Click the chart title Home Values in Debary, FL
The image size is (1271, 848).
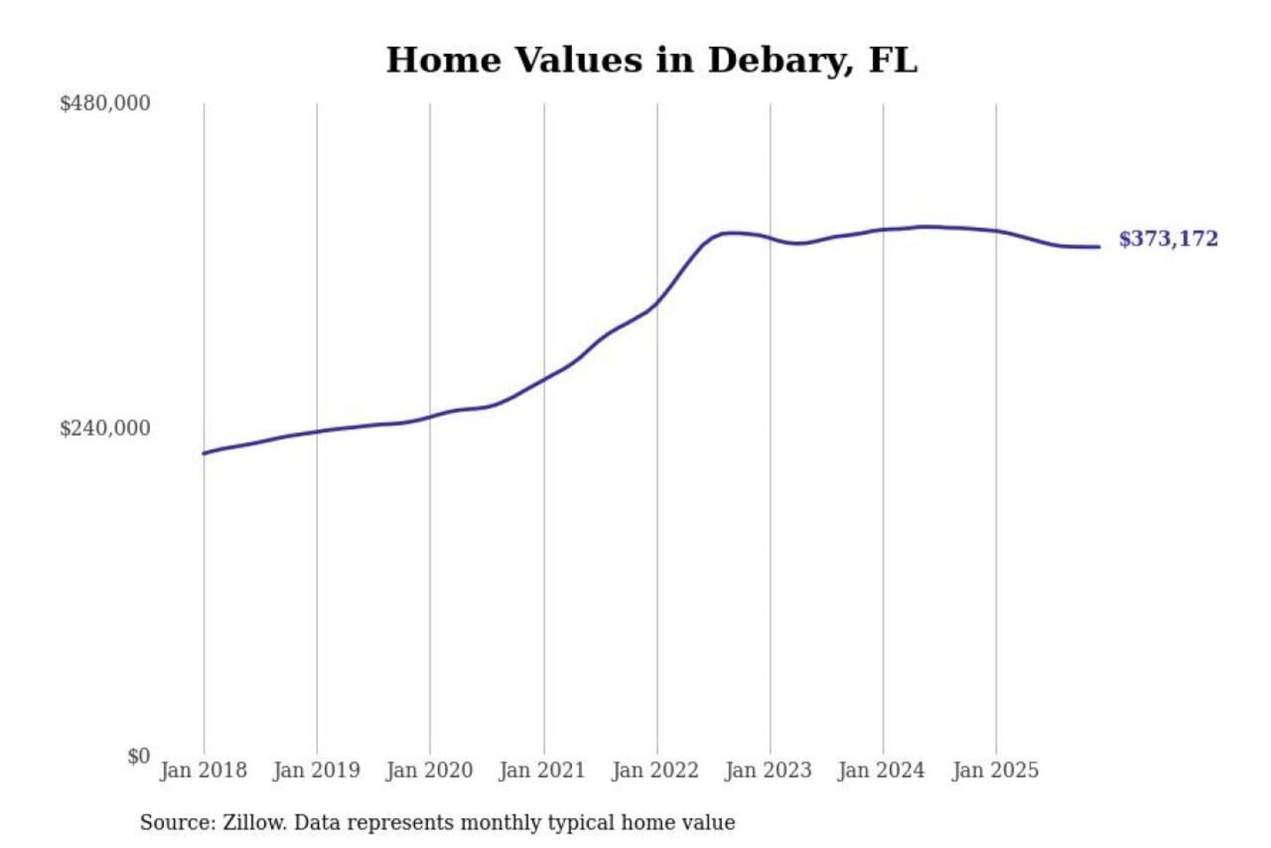pos(651,60)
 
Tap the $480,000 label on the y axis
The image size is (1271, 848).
pos(105,103)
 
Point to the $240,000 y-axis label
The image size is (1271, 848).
pos(105,428)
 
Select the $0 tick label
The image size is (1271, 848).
pos(139,756)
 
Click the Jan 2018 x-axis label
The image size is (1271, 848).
pos(203,770)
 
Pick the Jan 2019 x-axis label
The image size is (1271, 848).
pos(316,770)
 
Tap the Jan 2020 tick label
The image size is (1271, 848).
pos(429,770)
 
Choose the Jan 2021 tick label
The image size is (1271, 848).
pos(542,770)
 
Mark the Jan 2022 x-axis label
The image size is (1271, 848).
pos(655,770)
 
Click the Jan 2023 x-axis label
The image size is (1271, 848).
pos(768,770)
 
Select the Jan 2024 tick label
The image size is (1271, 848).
pos(881,770)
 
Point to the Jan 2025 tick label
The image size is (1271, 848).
pos(995,770)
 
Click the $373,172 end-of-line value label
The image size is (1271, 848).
pos(1168,238)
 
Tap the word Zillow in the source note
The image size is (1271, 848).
pos(253,822)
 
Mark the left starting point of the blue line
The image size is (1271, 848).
pos(204,453)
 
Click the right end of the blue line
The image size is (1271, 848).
pos(1099,246)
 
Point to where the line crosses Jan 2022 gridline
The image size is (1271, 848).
pos(657,302)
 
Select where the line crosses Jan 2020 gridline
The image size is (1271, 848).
pos(430,416)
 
